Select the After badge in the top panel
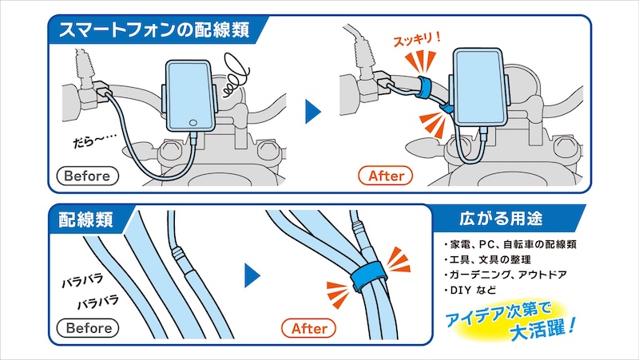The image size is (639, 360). point(386,175)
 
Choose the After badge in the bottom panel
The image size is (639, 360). point(309,328)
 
